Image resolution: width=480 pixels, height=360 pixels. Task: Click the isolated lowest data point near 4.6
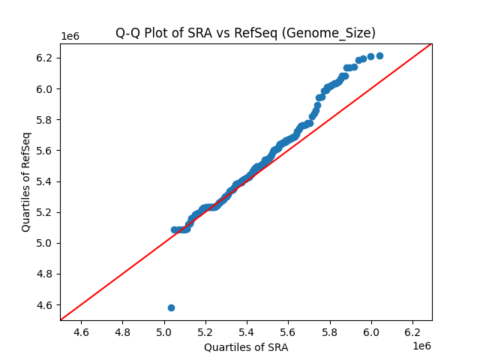(x=171, y=307)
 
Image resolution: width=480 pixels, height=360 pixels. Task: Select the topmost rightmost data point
(x=379, y=55)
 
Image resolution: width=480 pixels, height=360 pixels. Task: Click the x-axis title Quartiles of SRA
(x=246, y=347)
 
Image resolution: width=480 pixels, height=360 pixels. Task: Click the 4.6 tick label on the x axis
(x=81, y=331)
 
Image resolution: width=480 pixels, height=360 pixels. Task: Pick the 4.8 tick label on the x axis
(x=122, y=331)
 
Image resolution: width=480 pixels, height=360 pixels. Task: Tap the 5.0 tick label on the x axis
(x=164, y=331)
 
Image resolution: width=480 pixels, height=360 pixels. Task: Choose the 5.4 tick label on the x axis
(x=247, y=331)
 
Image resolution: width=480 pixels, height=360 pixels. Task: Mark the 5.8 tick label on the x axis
(x=330, y=331)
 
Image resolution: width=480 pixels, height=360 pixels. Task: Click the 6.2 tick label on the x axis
(x=412, y=331)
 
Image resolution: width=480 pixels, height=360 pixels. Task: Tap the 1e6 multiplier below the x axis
(x=421, y=345)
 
